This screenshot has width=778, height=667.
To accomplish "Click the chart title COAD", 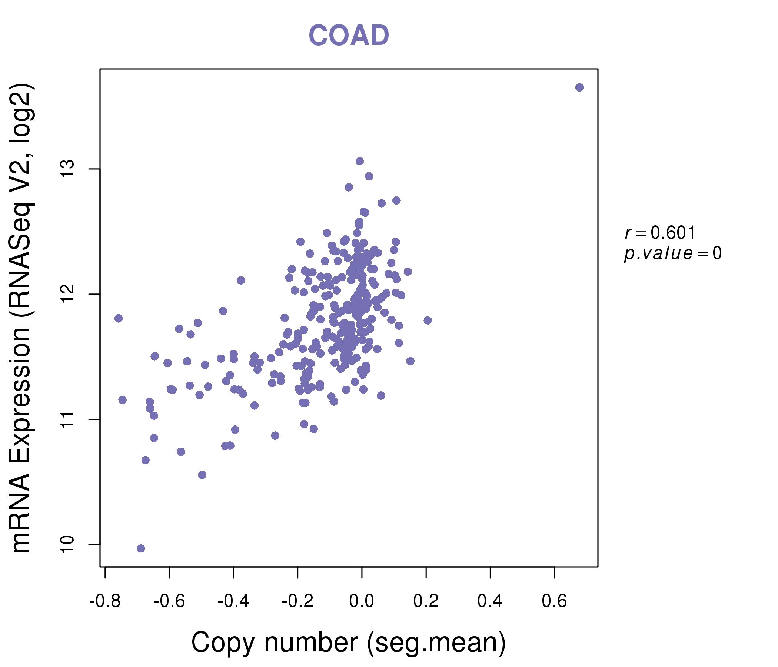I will tap(349, 36).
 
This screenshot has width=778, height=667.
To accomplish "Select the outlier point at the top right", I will tap(579, 87).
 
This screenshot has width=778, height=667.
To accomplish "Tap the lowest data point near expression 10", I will tap(141, 548).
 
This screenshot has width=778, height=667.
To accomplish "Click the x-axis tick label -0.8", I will tap(105, 601).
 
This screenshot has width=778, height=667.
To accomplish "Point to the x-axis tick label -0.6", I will tap(169, 601).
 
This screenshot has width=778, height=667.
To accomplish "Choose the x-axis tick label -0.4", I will tap(233, 601).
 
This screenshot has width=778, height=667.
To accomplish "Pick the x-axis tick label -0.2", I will tap(297, 601).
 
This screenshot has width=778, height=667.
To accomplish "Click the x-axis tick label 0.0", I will tap(362, 601).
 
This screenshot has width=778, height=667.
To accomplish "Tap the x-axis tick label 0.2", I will tap(426, 601).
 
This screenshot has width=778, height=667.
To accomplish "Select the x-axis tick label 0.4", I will tap(490, 601).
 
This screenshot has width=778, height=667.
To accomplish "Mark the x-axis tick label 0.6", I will tap(554, 601).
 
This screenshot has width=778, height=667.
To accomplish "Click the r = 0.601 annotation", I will tap(660, 233).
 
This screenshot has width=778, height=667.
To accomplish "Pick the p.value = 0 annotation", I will tap(672, 253).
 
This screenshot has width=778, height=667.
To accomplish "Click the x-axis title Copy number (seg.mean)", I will tap(349, 643).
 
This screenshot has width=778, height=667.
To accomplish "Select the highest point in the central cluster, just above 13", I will tap(360, 161).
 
